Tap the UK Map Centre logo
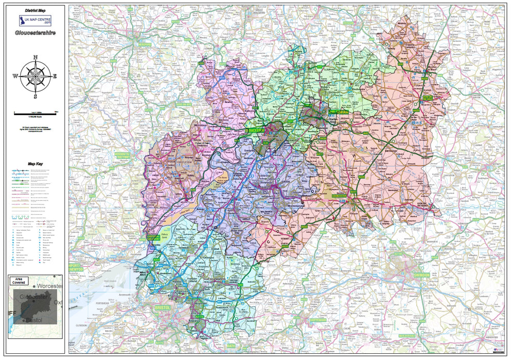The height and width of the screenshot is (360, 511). pyautogui.click(x=36, y=21)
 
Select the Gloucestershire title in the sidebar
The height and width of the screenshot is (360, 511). pyautogui.click(x=36, y=33)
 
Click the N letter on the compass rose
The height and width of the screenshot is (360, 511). pyautogui.click(x=35, y=58)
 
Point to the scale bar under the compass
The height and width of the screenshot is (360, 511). pyautogui.click(x=36, y=112)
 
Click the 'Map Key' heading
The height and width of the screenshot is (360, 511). pyautogui.click(x=36, y=164)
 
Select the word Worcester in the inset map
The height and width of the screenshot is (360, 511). pyautogui.click(x=49, y=286)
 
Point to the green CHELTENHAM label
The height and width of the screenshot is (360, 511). pyautogui.click(x=338, y=112)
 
